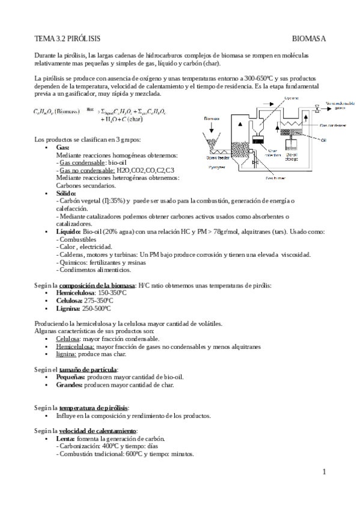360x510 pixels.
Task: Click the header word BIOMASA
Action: coord(308,39)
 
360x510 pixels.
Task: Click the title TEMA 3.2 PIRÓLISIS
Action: coord(64,39)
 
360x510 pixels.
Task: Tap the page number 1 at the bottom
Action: coord(323,471)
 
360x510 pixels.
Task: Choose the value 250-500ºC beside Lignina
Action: coord(96,308)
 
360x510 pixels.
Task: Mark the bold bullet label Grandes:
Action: coord(69,385)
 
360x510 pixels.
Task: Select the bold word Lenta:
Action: coord(65,439)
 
